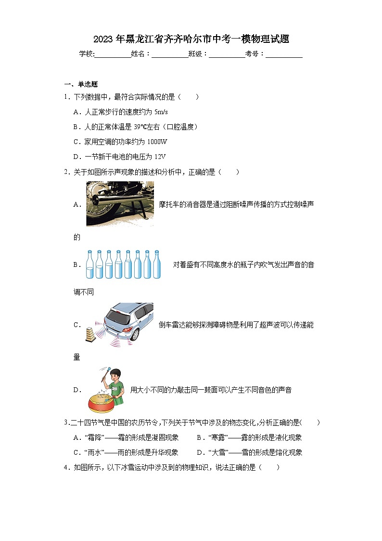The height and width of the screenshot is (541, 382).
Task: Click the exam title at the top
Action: coord(191,39)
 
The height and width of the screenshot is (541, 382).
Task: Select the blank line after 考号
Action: coord(284,55)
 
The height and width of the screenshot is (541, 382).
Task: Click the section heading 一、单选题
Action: coord(81,84)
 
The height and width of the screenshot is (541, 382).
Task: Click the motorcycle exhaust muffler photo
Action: coord(120,204)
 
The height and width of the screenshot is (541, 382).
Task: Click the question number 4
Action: coord(66,467)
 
